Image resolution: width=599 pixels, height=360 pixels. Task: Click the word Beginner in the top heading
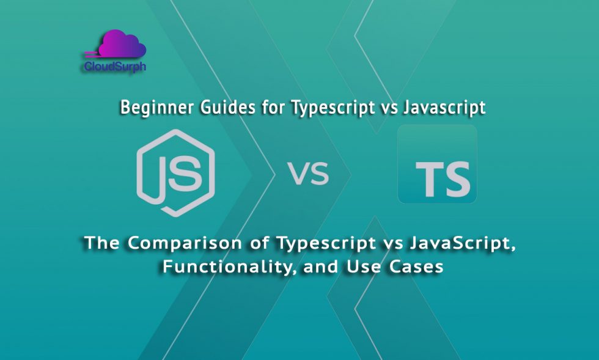(x=150, y=108)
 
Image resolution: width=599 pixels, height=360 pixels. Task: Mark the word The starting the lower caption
(x=101, y=243)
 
